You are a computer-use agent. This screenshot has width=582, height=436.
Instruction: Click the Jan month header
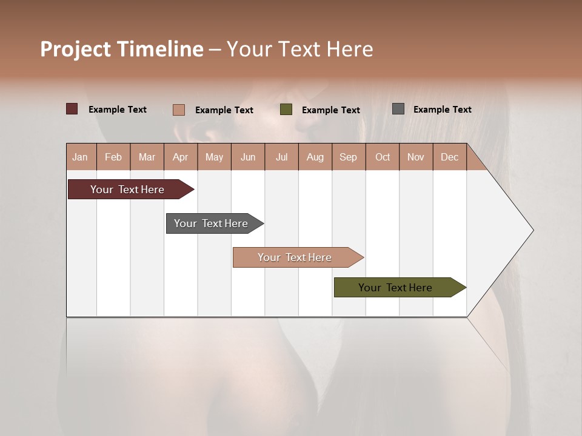pyautogui.click(x=80, y=157)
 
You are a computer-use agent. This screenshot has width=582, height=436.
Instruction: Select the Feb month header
pyautogui.click(x=113, y=157)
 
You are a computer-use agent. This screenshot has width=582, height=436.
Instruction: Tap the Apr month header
pyautogui.click(x=180, y=157)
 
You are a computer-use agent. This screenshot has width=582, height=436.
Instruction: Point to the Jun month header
pyautogui.click(x=248, y=157)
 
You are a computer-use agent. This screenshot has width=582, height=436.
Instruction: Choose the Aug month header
pyautogui.click(x=315, y=157)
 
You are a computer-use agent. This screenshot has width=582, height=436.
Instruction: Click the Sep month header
pyautogui.click(x=348, y=157)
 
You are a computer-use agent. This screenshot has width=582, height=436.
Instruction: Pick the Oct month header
pyautogui.click(x=383, y=157)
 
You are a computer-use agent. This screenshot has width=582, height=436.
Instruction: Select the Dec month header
pyautogui.click(x=449, y=157)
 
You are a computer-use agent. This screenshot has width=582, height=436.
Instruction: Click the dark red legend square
pyautogui.click(x=72, y=109)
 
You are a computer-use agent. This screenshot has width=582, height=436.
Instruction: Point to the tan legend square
pyautogui.click(x=178, y=110)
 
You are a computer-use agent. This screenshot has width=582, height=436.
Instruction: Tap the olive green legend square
pyautogui.click(x=286, y=110)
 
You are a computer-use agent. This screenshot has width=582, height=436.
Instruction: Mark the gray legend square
pyautogui.click(x=398, y=109)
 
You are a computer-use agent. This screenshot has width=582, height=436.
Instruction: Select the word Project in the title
pyautogui.click(x=75, y=49)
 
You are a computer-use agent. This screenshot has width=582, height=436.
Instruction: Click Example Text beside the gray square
pyautogui.click(x=442, y=109)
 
